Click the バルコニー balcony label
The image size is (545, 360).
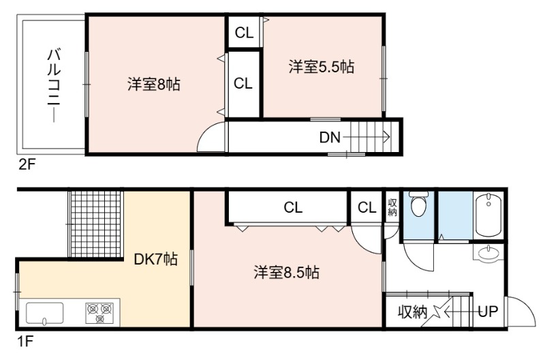click(x=54, y=85)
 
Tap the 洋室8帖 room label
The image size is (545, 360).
click(x=154, y=85)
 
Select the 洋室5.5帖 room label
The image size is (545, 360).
click(x=321, y=67)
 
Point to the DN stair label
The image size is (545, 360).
click(x=330, y=138)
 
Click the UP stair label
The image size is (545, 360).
click(x=488, y=312)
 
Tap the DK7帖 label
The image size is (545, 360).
click(x=156, y=259)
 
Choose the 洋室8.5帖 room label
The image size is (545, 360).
click(x=286, y=272)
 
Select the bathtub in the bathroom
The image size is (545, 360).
click(x=488, y=215)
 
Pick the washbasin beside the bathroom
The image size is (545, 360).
click(x=489, y=253)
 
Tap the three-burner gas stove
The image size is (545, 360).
click(x=100, y=313)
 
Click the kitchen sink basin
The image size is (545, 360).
click(x=45, y=314)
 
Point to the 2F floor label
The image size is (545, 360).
click(x=27, y=164)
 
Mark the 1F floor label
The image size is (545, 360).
click(x=25, y=341)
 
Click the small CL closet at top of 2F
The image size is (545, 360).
click(x=244, y=33)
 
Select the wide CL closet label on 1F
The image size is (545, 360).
click(x=293, y=207)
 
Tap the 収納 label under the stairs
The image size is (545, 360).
click(x=413, y=312)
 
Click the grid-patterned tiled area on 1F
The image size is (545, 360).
click(x=96, y=224)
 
